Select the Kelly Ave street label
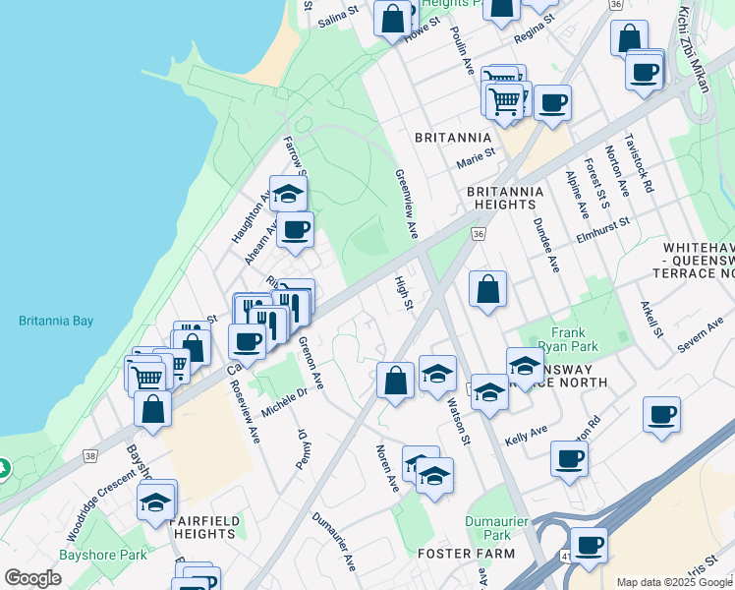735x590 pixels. [526, 433]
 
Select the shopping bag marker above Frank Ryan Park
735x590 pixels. [487, 289]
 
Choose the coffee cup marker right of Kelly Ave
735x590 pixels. [569, 456]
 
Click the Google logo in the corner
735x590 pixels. [32, 577]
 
